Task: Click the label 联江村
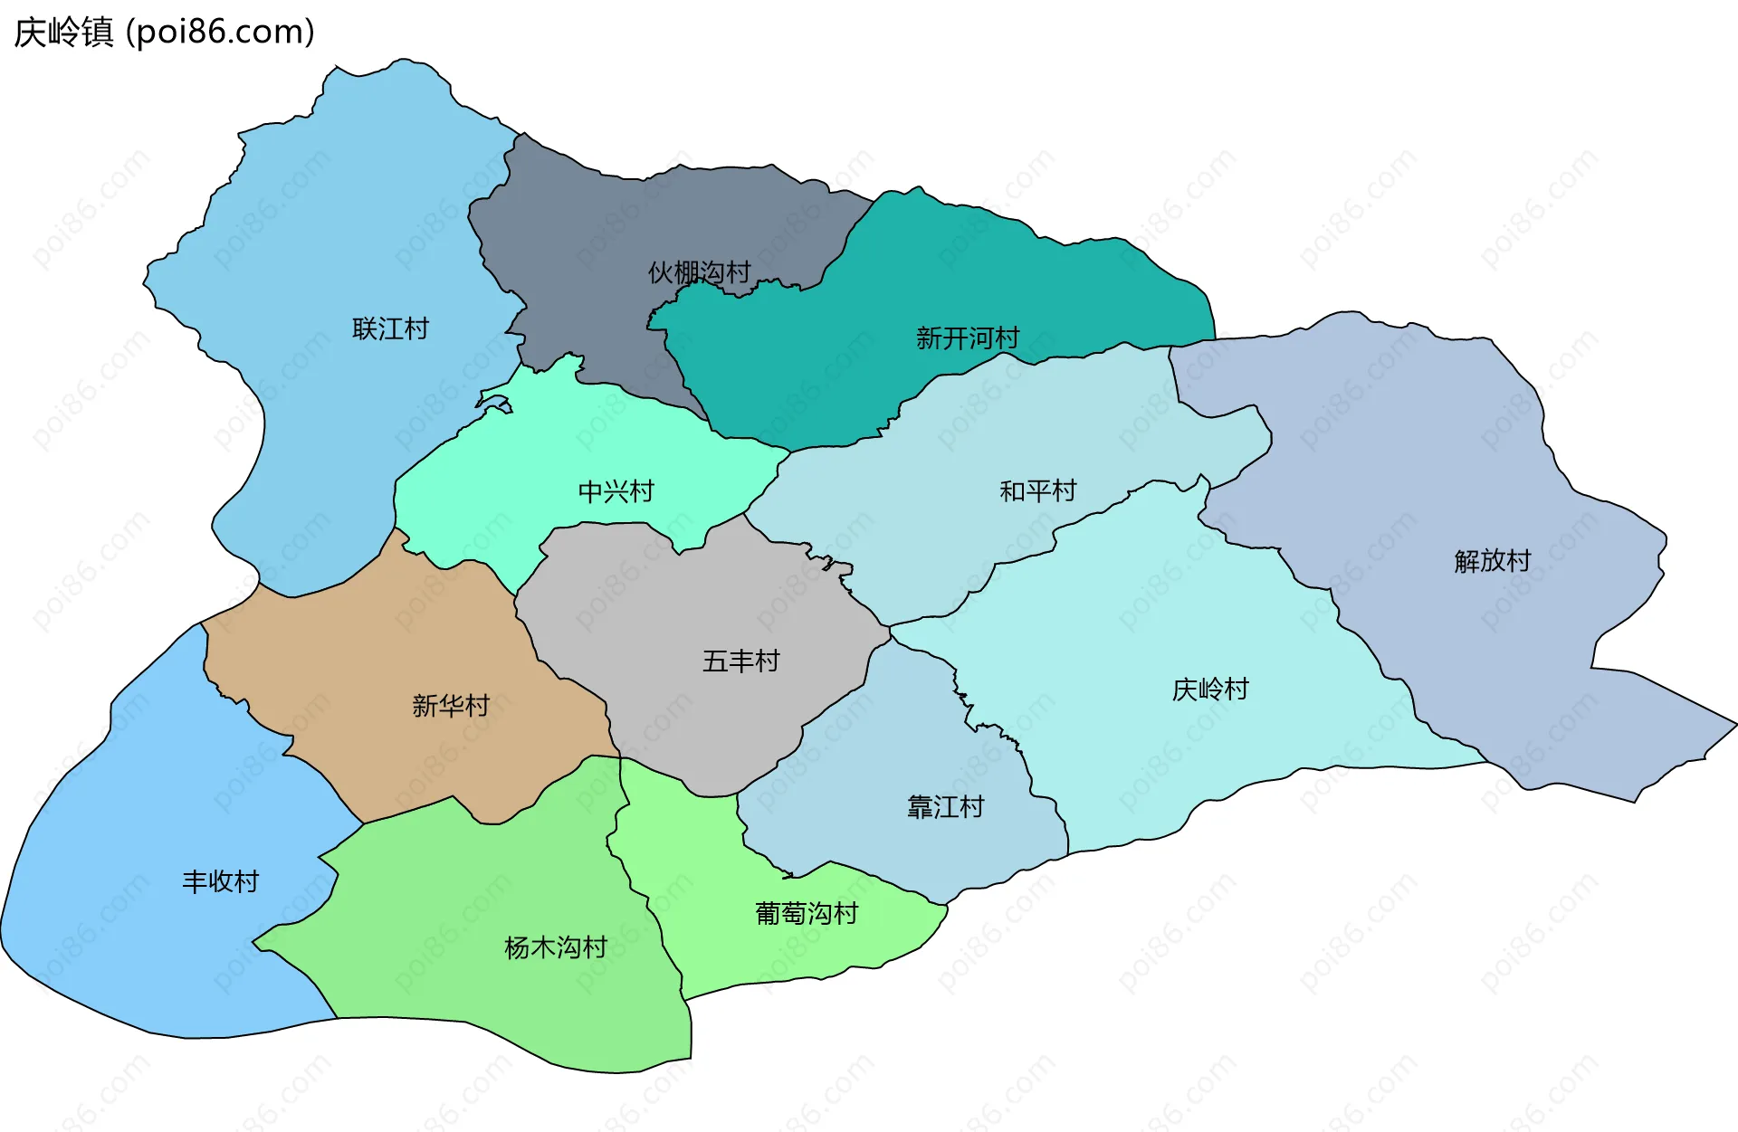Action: pos(390,328)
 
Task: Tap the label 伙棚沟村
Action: pos(699,272)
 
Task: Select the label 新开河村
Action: pos(968,338)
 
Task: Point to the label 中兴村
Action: pos(616,491)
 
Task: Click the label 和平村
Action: pos(1037,490)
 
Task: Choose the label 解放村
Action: pos(1492,561)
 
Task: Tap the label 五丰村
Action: pos(740,661)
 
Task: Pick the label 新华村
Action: pos(450,705)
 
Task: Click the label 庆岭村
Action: pos(1210,690)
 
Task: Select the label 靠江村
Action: pos(945,806)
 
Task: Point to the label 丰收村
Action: pos(220,881)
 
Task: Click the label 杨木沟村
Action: pos(555,947)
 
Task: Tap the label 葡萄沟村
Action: pos(806,913)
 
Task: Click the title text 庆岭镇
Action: pos(63,33)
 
